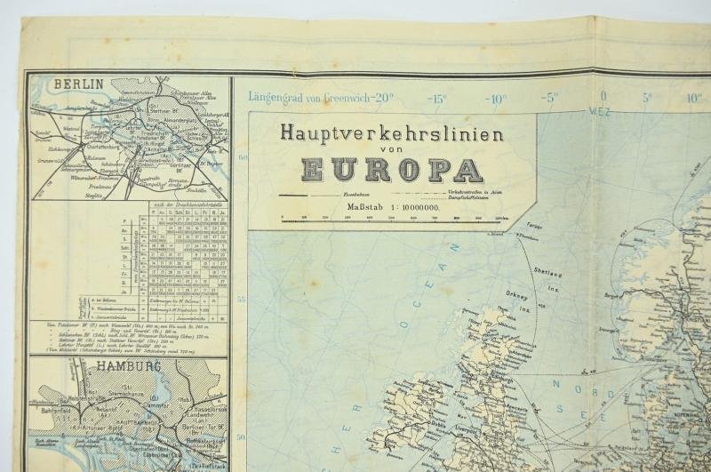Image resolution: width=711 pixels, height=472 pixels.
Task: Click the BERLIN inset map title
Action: point(79,85)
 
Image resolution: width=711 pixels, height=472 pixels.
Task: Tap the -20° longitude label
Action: point(381,98)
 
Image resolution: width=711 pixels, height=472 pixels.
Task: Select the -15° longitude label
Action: point(438,98)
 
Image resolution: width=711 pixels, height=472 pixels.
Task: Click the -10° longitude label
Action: point(495,98)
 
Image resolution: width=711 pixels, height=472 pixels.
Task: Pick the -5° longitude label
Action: point(551,98)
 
